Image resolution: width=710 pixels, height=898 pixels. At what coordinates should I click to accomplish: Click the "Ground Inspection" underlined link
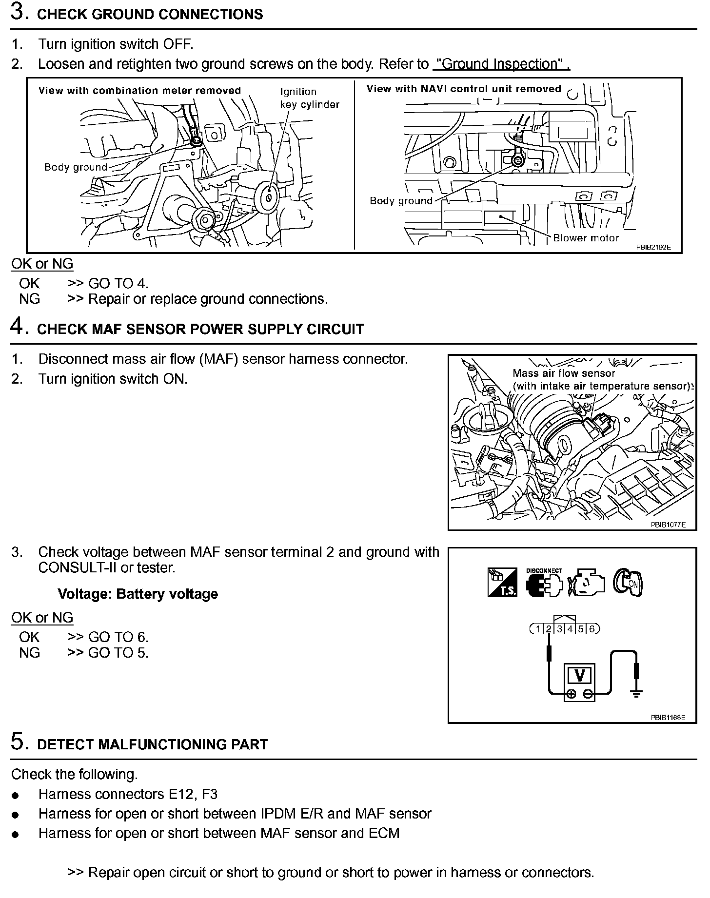501,64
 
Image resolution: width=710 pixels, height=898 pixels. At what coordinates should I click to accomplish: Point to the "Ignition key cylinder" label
309,98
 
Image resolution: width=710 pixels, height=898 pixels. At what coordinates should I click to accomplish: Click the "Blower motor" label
586,238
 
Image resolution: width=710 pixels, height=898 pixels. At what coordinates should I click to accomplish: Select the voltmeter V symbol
580,676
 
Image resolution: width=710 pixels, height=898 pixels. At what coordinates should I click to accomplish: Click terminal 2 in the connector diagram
549,629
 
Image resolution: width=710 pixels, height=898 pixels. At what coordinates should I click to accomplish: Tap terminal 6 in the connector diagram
592,629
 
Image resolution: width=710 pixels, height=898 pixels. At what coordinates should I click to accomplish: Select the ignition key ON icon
629,582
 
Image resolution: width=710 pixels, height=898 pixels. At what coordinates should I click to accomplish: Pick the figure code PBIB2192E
653,247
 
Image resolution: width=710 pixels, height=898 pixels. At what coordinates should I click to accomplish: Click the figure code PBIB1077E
668,525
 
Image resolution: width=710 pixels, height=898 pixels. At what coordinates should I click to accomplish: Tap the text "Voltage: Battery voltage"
138,594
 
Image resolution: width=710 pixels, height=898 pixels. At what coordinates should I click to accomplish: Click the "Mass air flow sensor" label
564,373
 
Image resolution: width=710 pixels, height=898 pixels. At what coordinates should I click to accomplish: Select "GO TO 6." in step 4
118,637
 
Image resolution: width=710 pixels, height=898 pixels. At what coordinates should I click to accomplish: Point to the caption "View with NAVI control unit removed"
464,89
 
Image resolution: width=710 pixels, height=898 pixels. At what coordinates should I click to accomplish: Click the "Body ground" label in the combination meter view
76,168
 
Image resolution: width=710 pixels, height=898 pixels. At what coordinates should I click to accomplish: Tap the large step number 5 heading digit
18,742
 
